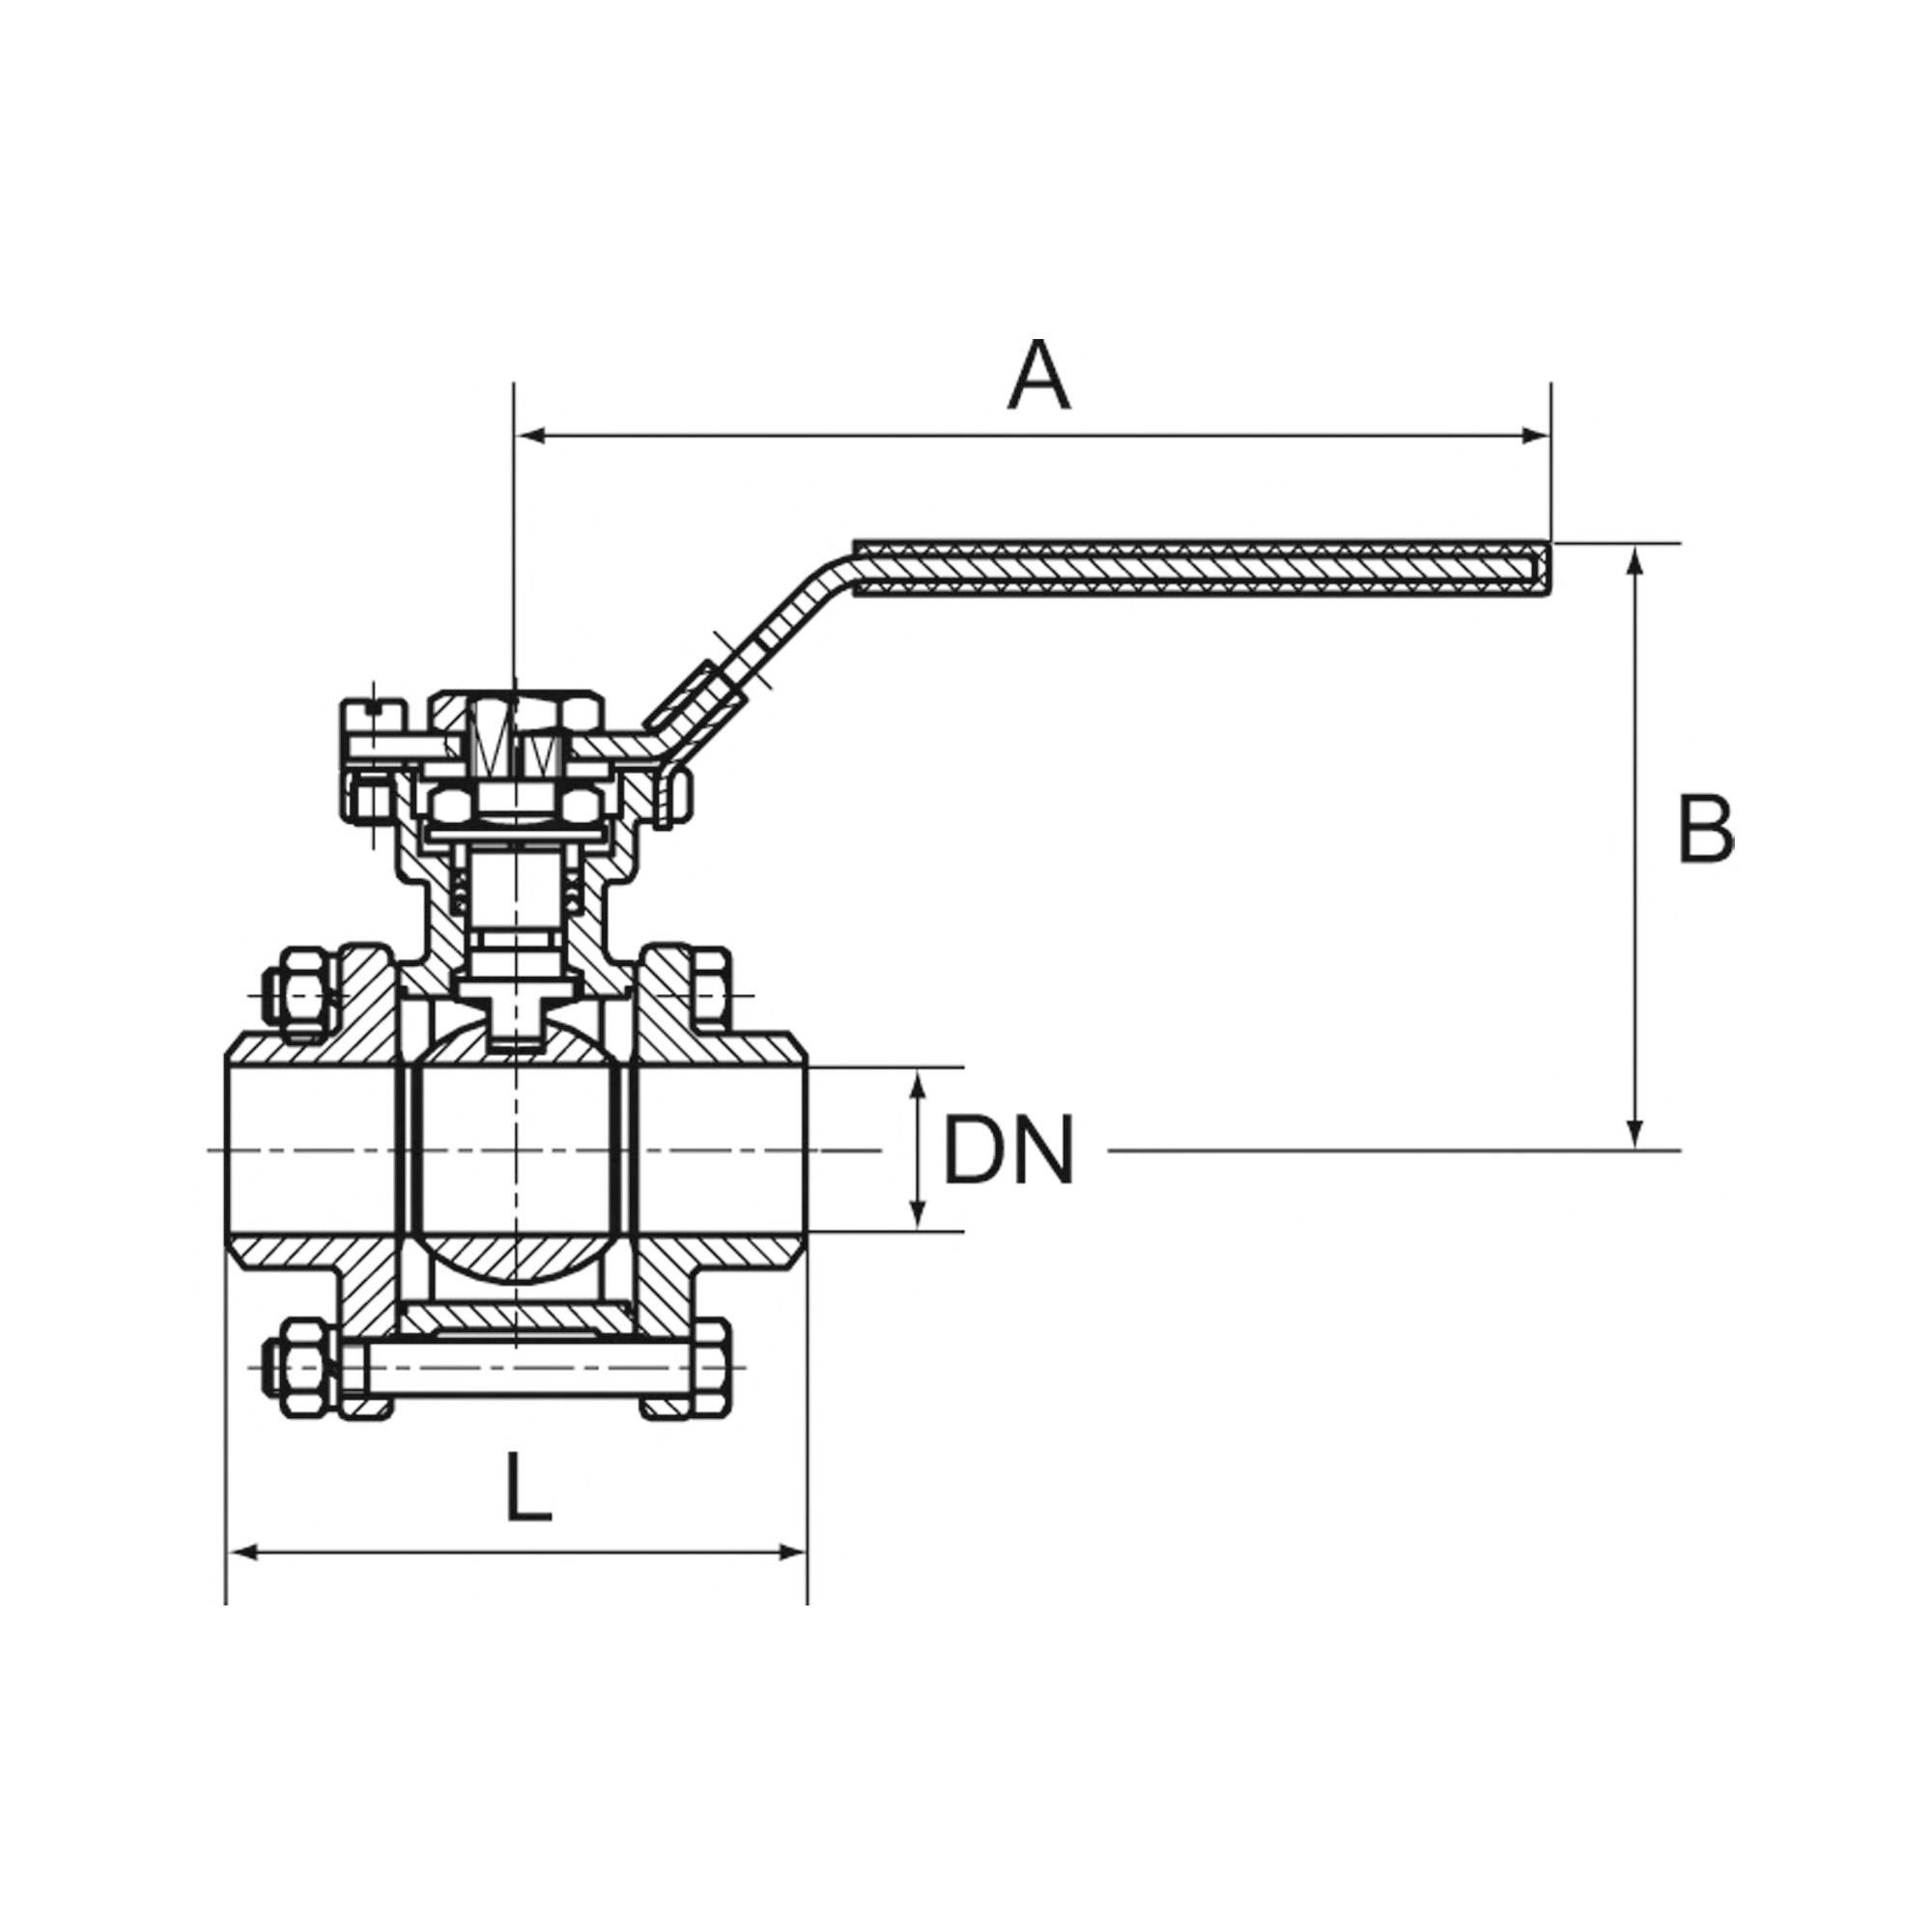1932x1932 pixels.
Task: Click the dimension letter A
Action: pos(1039,376)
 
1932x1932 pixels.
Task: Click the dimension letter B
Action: pos(1705,830)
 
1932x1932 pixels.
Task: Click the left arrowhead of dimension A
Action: pos(531,435)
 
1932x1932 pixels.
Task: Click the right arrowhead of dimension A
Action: pos(1534,435)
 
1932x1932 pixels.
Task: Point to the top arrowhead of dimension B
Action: pos(1635,562)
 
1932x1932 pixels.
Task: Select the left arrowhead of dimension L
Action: pos(246,1581)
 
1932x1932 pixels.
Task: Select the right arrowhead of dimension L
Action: pos(790,1581)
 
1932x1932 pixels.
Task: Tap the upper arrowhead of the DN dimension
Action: pos(917,1085)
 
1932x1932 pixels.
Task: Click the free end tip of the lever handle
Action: pos(1550,570)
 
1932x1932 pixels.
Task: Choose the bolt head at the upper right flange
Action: pos(711,996)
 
